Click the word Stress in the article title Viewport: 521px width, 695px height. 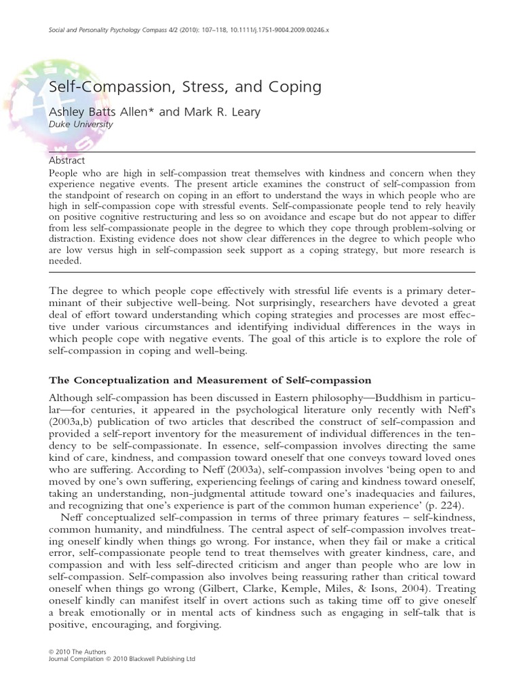click(185, 88)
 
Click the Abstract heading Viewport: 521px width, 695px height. click(67, 161)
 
